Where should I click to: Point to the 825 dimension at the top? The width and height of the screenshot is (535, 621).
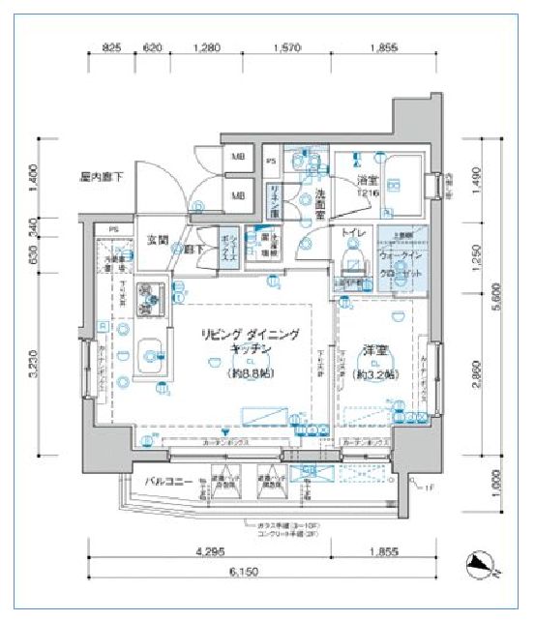(x=111, y=45)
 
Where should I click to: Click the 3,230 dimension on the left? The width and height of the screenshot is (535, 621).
(x=38, y=366)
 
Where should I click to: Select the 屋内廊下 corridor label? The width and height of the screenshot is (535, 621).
(x=102, y=177)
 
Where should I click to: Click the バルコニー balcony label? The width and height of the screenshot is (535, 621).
(x=139, y=480)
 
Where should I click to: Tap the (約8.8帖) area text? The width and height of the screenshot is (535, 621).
(x=250, y=371)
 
